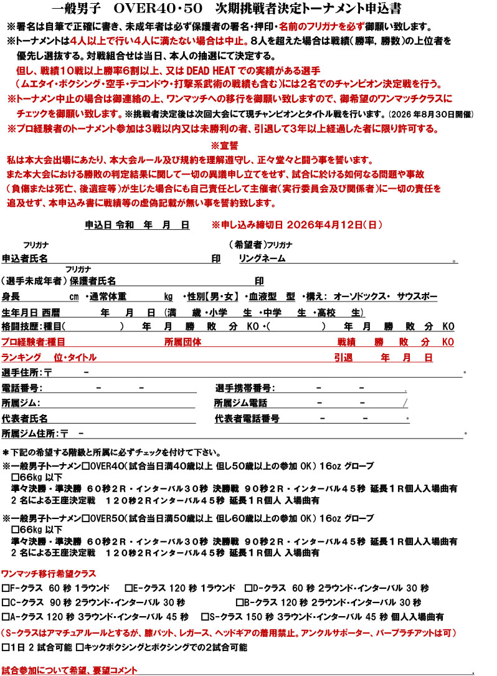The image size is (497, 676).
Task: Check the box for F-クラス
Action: (x=6, y=588)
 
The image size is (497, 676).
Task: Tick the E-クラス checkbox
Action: (x=128, y=588)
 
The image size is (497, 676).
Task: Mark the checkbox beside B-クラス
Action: (x=240, y=602)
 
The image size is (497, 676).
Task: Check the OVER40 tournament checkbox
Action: (x=87, y=466)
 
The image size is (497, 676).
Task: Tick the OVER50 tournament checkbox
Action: (x=87, y=518)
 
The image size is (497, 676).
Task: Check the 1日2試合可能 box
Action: (x=6, y=647)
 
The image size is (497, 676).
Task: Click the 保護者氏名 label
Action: (x=93, y=281)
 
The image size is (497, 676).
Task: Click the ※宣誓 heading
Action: (x=225, y=146)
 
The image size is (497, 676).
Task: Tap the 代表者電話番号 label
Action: (x=247, y=418)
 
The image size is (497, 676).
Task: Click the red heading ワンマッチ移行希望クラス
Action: (x=49, y=573)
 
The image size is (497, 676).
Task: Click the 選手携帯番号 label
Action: (x=244, y=388)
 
